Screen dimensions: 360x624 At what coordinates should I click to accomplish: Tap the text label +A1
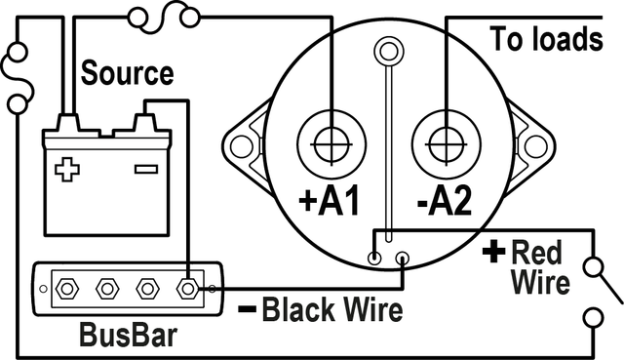click(330, 201)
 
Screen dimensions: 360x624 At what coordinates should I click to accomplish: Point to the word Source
click(127, 73)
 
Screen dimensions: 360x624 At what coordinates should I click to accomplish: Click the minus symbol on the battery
click(145, 169)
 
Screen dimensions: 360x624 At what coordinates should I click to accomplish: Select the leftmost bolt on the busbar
click(66, 289)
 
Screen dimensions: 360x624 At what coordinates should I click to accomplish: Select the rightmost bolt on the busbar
click(188, 289)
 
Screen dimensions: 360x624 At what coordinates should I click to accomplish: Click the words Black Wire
click(332, 312)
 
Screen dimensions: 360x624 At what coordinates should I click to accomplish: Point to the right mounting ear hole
click(535, 145)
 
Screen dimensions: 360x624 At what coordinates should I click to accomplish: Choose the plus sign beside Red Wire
click(494, 252)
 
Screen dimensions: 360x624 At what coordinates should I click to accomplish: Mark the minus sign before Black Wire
click(247, 312)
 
